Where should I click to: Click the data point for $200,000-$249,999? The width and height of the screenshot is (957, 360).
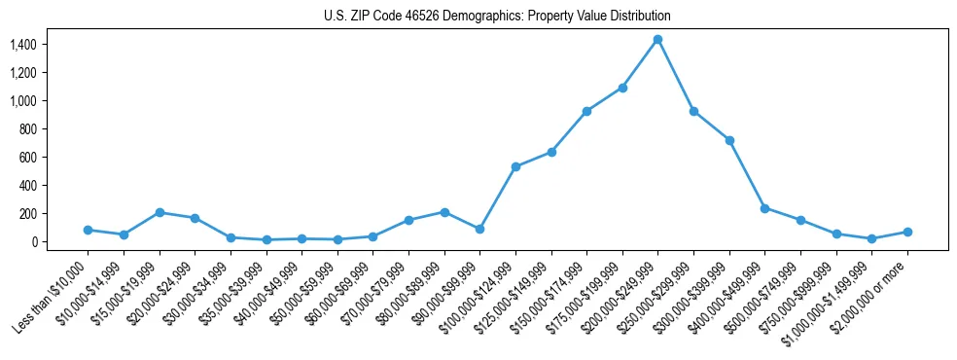(658, 39)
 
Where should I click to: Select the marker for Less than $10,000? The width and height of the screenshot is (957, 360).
(88, 230)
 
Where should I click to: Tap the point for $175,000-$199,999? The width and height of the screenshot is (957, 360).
(622, 88)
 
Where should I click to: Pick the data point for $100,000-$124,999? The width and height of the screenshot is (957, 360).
(515, 166)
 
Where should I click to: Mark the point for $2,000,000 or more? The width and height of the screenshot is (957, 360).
(907, 232)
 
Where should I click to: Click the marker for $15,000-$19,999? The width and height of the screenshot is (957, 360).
(159, 212)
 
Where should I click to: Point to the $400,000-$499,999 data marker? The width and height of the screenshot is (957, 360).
(765, 208)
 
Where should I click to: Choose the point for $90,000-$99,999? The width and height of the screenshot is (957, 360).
(480, 229)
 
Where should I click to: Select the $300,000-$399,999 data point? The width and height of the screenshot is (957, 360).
(729, 140)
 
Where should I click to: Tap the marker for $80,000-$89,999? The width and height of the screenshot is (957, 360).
(444, 212)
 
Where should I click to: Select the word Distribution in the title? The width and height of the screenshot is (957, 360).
(638, 17)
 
